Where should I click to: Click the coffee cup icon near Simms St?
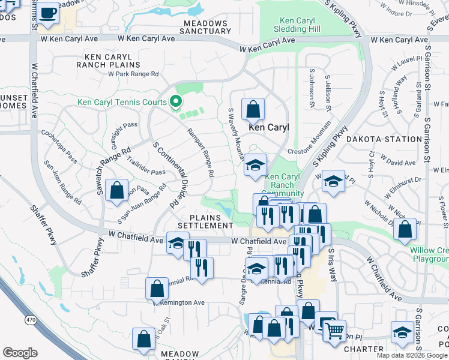[49, 13]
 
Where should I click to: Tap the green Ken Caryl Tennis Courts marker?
[176, 102]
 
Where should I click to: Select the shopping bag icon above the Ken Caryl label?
[253, 109]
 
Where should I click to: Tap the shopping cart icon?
[334, 329]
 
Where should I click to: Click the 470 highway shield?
[29, 320]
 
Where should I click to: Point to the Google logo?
[20, 353]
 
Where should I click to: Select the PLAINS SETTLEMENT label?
[210, 221]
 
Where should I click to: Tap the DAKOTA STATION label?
[392, 139]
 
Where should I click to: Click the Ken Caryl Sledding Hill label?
[298, 25]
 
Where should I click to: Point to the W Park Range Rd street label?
[133, 74]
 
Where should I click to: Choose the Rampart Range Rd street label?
[200, 152]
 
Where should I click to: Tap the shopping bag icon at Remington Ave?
[157, 289]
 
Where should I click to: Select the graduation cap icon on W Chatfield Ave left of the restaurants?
[177, 243]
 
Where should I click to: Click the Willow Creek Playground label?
[429, 254]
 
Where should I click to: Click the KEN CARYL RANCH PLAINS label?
[108, 60]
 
